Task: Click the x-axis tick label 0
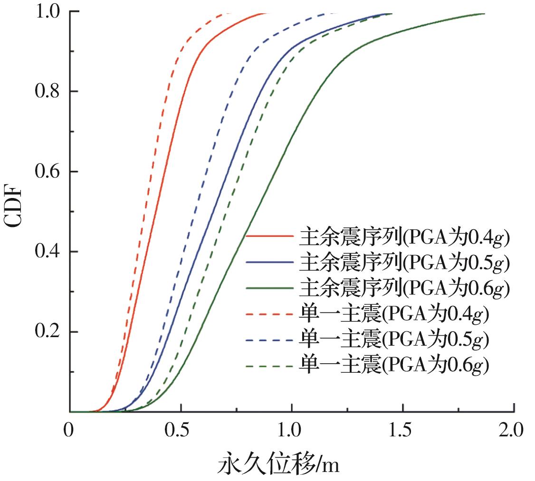pyautogui.click(x=70, y=431)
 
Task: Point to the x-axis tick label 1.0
pyautogui.click(x=292, y=431)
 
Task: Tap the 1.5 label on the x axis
pyautogui.click(x=403, y=431)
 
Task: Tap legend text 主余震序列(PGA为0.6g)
pyautogui.click(x=404, y=288)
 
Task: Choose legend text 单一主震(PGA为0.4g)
pyautogui.click(x=394, y=314)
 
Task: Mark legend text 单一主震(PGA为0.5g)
pyautogui.click(x=394, y=340)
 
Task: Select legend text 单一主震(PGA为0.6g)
pyautogui.click(x=394, y=366)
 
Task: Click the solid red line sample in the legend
pyautogui.click(x=269, y=236)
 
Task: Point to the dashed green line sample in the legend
pyautogui.click(x=269, y=366)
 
